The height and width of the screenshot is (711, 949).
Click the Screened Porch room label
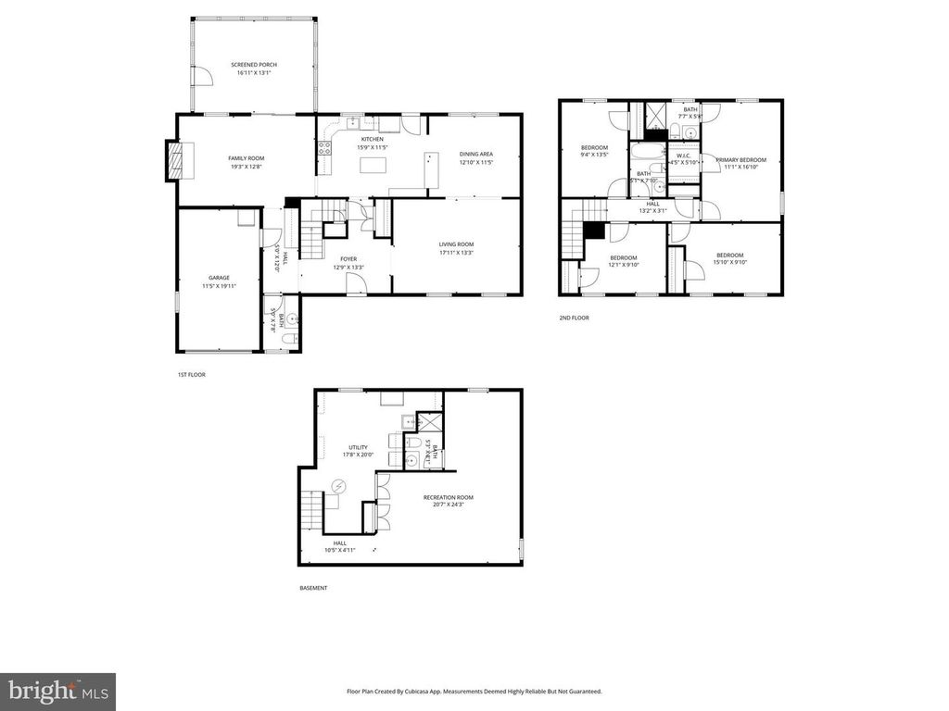(x=254, y=65)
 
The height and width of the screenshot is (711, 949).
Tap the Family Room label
(x=247, y=158)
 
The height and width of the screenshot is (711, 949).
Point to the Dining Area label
(x=475, y=154)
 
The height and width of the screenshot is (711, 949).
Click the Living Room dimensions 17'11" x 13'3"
(x=456, y=252)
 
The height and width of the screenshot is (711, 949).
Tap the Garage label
(x=219, y=278)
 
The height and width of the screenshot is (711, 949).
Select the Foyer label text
(x=348, y=259)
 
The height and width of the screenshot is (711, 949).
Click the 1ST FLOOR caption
(x=191, y=375)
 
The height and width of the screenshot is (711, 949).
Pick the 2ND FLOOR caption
(x=574, y=318)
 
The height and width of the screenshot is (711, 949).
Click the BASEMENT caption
(x=313, y=588)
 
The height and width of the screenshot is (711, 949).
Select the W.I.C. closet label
(x=684, y=155)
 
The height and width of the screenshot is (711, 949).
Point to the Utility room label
(x=358, y=446)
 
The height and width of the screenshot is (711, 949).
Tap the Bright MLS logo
(x=57, y=691)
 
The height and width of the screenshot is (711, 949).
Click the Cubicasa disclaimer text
(x=474, y=691)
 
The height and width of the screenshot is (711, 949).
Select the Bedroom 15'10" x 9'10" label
(x=729, y=256)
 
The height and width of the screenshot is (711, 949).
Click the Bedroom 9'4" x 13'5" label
(x=594, y=148)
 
